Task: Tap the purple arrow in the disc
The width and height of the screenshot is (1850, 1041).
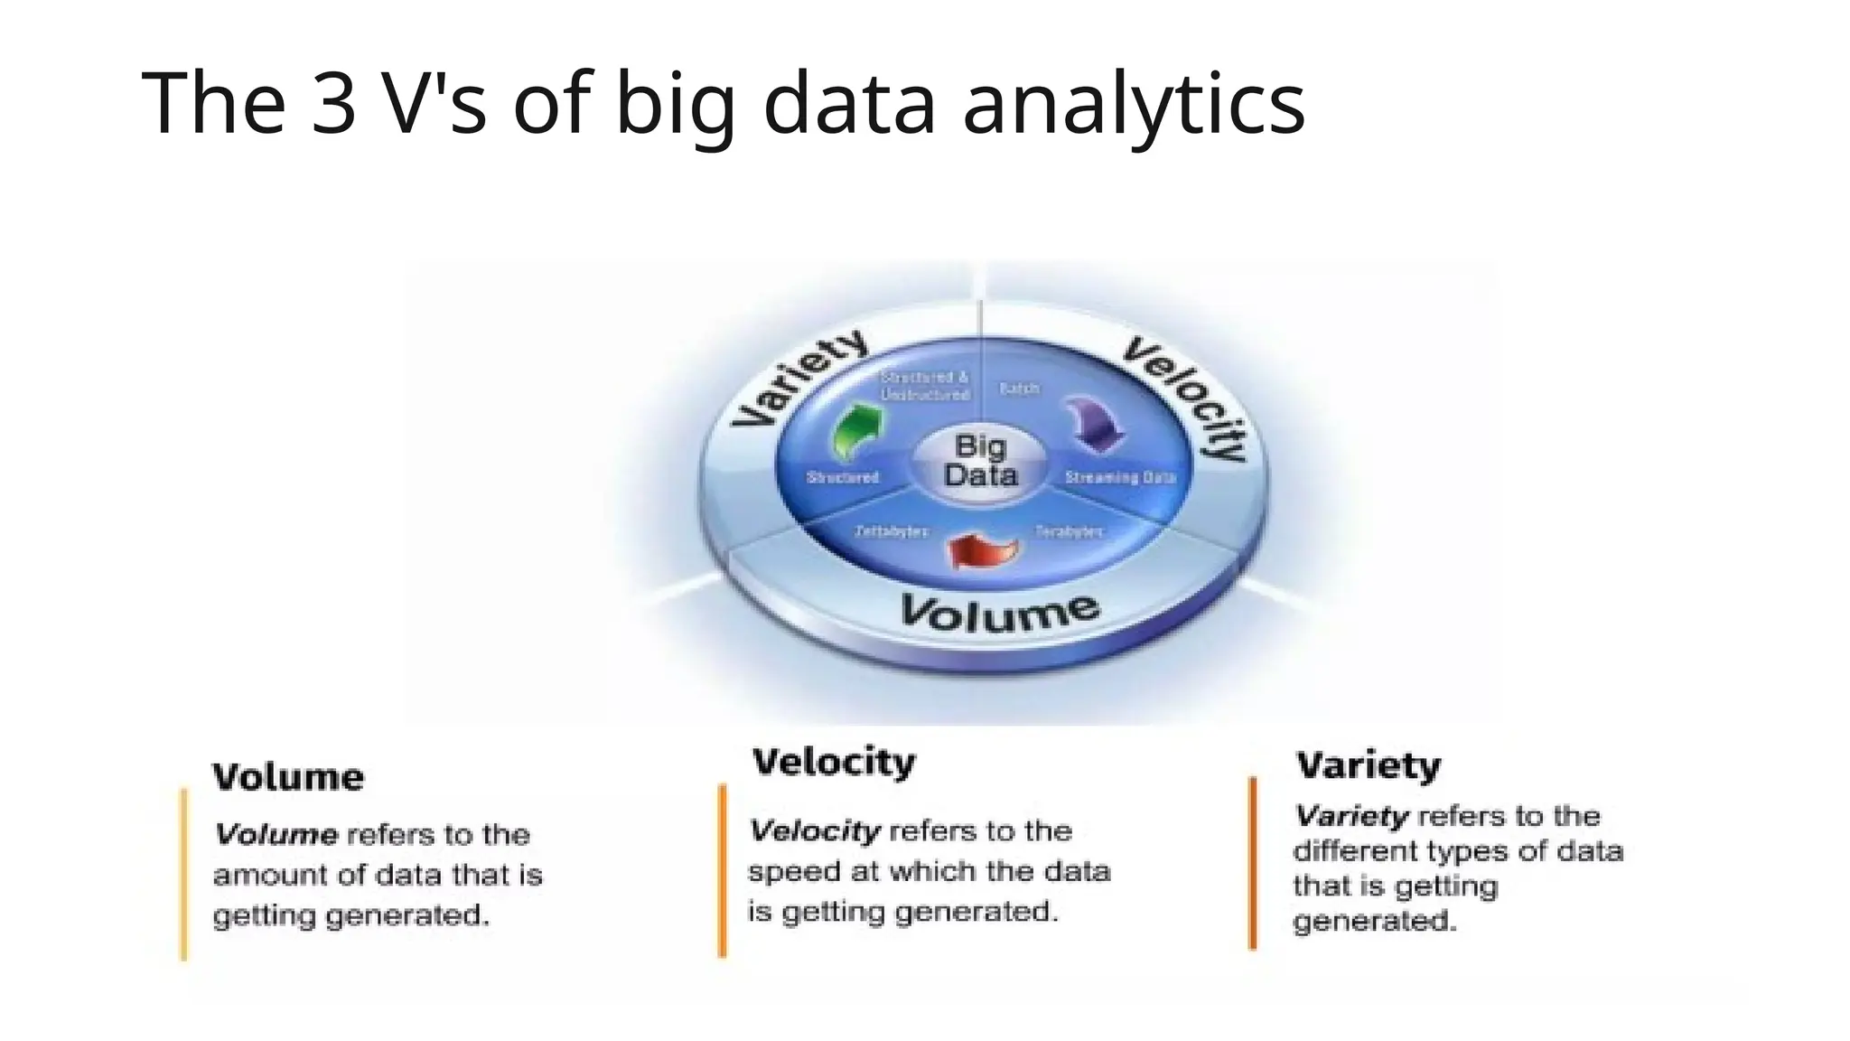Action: [1095, 423]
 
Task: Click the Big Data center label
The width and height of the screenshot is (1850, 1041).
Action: [980, 460]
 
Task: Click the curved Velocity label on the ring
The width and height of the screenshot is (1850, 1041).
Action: [1187, 397]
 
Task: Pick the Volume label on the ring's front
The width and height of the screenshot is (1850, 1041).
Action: [1000, 612]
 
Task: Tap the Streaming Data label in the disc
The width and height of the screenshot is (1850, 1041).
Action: [1120, 477]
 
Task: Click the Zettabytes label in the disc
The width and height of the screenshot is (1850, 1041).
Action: [891, 531]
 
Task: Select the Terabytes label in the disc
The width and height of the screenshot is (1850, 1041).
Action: [1069, 531]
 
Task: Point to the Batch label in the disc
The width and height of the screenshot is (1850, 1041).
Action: [1019, 389]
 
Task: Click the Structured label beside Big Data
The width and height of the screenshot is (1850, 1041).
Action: [842, 477]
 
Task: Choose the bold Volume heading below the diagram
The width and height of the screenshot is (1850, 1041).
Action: [288, 777]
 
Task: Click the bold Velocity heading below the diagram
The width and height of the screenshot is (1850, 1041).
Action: [833, 762]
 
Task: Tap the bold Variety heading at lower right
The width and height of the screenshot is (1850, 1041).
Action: [1369, 765]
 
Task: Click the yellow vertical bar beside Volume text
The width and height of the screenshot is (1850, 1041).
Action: [184, 873]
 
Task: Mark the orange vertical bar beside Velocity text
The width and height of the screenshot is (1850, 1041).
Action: [722, 869]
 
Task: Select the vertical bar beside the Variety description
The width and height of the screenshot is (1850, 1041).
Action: [1252, 863]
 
